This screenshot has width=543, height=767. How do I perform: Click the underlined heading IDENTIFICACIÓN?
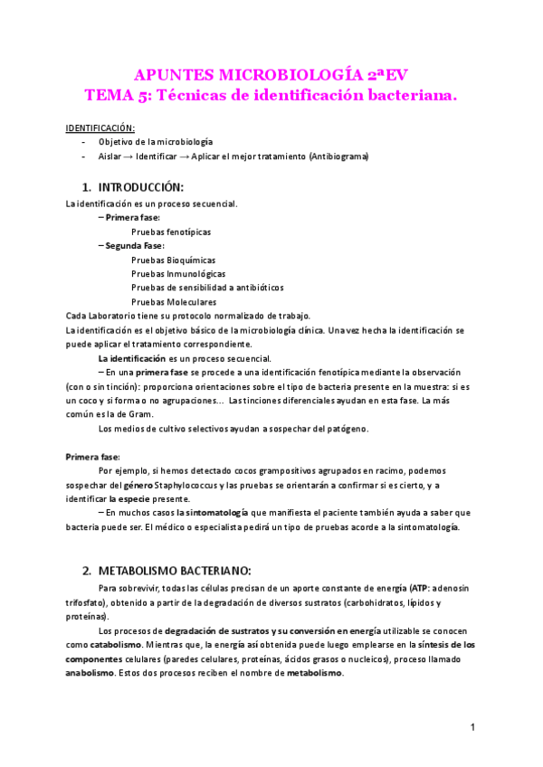tap(100, 127)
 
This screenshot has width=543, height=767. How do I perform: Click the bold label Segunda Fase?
tap(135, 245)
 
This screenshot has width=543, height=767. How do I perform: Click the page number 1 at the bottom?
tap(472, 727)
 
